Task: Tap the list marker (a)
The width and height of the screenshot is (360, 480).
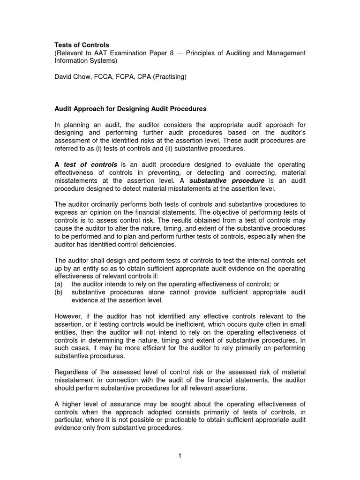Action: [59, 285]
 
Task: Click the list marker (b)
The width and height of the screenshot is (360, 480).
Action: [59, 292]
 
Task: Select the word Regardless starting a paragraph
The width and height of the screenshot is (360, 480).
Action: [74, 372]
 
